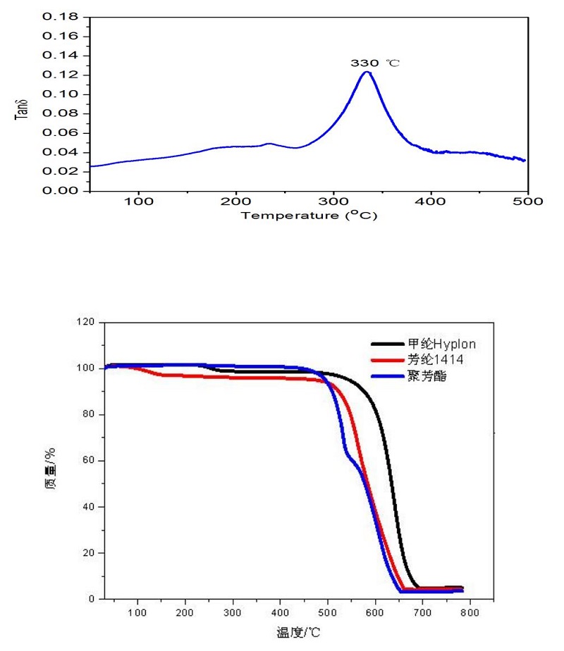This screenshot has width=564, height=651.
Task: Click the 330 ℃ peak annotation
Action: (375, 63)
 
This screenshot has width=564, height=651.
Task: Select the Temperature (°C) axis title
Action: (309, 216)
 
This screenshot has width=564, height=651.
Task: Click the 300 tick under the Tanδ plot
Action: (333, 201)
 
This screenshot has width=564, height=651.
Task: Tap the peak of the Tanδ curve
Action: (367, 72)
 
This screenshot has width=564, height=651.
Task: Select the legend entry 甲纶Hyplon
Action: (435, 344)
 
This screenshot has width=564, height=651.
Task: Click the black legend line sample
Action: (384, 345)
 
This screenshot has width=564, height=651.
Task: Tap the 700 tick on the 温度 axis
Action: (422, 611)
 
